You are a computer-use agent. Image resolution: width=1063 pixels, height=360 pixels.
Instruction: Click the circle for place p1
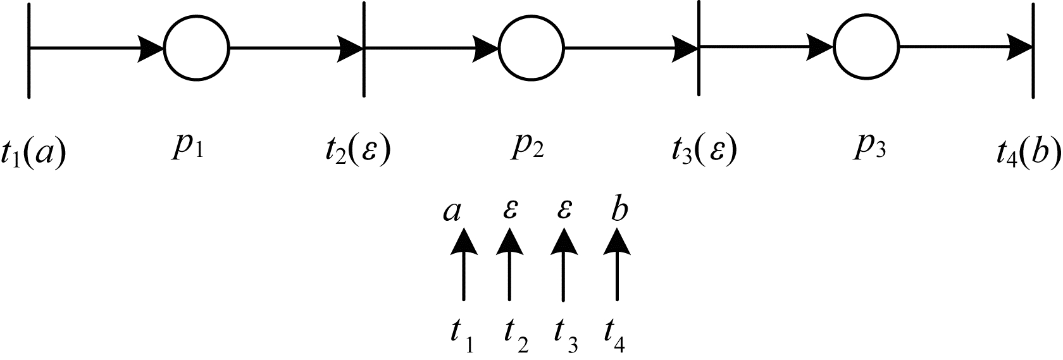[x=196, y=48]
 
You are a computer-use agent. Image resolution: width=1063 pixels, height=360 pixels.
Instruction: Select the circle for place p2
[x=531, y=48]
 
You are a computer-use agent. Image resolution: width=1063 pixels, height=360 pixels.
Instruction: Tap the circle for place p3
[x=866, y=48]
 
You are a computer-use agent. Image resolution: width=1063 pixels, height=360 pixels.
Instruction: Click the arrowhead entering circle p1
[x=152, y=48]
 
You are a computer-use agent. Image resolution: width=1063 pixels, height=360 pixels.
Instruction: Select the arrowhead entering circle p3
[x=821, y=48]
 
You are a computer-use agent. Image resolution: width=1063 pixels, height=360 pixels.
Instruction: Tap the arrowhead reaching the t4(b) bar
[x=1020, y=48]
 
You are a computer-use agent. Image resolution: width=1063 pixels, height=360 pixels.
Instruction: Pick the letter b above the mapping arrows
[x=619, y=209]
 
